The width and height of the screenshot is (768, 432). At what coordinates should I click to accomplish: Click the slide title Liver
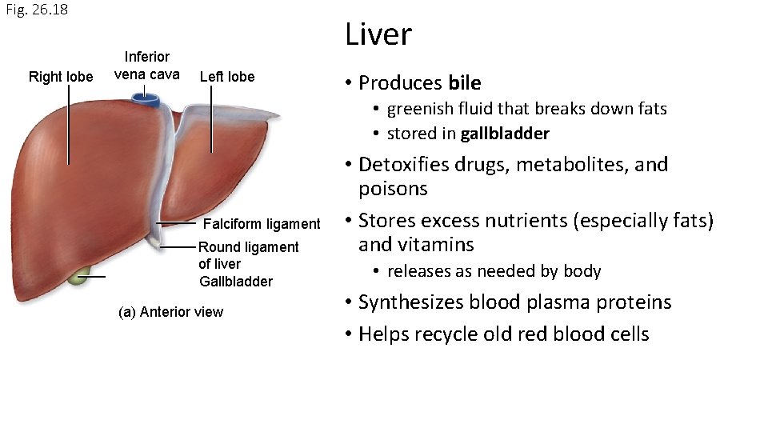(378, 34)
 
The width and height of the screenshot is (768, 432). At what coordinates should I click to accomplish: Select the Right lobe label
(61, 77)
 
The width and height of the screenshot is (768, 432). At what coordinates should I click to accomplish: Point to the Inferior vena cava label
(146, 65)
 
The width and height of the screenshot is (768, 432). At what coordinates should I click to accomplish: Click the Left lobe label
(227, 77)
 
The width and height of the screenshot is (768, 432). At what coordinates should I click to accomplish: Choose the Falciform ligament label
(262, 223)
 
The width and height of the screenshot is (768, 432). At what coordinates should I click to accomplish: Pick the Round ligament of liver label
(248, 255)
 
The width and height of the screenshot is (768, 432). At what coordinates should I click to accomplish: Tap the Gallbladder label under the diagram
(236, 282)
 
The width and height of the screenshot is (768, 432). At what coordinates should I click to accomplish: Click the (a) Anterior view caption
(170, 312)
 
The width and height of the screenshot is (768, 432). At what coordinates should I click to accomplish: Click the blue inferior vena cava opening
(146, 100)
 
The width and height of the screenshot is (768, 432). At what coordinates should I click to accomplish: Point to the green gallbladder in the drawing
(78, 278)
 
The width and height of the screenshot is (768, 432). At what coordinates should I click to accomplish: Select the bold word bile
(465, 83)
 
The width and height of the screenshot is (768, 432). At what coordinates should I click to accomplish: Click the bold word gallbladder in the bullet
(504, 133)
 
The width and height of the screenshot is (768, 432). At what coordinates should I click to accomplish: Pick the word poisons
(393, 189)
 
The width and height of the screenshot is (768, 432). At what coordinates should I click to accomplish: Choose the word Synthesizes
(410, 302)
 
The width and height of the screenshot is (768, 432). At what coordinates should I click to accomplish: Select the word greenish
(421, 109)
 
